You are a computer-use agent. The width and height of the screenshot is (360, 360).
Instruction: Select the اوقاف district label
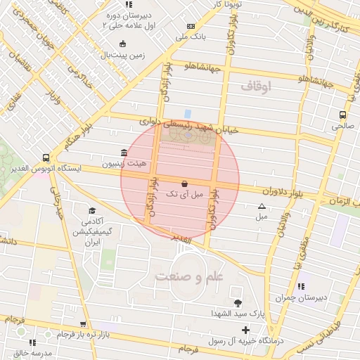[256, 86]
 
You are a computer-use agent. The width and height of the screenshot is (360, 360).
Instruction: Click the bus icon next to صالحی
[342, 115]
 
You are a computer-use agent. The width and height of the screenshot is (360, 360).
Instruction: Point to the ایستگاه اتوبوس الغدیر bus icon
[46, 158]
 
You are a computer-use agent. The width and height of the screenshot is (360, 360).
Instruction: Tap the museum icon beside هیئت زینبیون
[124, 153]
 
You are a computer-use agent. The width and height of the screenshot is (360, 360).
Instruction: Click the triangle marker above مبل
[262, 207]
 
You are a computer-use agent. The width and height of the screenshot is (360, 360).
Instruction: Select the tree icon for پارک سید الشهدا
[238, 303]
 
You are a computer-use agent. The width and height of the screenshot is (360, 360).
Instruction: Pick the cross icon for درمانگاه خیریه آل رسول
[245, 330]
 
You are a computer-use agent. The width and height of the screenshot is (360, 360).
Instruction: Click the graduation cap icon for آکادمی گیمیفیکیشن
[91, 210]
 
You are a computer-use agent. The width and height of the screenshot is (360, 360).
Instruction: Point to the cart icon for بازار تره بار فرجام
[84, 324]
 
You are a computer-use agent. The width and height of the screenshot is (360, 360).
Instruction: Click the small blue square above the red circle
[187, 112]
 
